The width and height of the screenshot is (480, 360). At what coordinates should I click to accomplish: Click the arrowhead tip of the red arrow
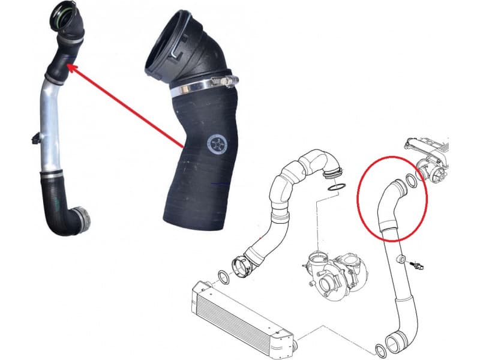68,66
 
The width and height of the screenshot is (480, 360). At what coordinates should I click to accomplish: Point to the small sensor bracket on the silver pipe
35,139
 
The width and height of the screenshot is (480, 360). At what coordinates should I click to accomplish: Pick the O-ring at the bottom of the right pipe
380,352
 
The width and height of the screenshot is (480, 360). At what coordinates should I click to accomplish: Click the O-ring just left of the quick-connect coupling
222,277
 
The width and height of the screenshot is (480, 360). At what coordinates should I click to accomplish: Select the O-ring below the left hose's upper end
337,188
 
